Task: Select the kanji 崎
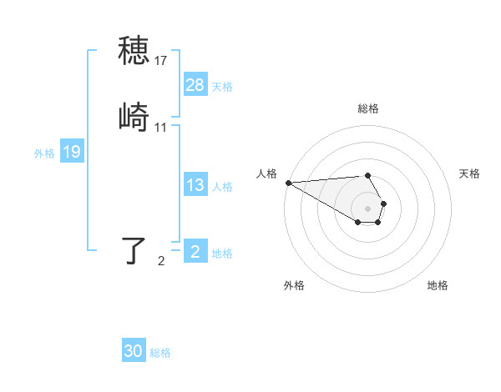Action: (134, 117)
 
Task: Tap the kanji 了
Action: (134, 250)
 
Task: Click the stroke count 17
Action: (161, 61)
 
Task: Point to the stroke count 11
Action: (161, 128)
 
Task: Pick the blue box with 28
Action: (195, 85)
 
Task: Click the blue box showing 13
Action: (195, 185)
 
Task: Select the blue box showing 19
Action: (71, 152)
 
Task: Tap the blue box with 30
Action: (134, 351)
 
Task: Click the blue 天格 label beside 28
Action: (222, 86)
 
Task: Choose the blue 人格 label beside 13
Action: (222, 186)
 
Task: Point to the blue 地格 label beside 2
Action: (222, 254)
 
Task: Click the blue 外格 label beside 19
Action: (44, 153)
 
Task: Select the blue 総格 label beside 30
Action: (160, 353)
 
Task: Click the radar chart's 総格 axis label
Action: (367, 108)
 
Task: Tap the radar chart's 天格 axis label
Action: (469, 173)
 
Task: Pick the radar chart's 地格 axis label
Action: (438, 285)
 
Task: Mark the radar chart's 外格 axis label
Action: (294, 285)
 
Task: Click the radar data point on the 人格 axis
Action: (287, 183)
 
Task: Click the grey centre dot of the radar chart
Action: (367, 209)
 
